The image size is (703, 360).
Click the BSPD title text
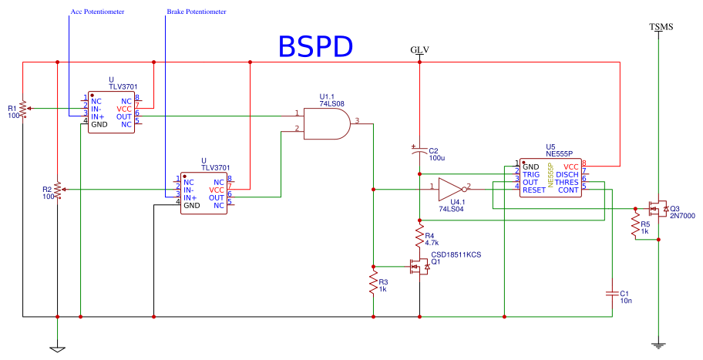coord(315,46)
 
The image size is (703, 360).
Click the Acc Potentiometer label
coord(97,12)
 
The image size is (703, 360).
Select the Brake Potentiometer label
coord(197,12)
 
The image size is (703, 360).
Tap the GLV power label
coord(419,50)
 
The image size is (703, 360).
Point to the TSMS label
coord(661,27)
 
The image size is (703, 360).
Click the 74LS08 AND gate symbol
coord(327,123)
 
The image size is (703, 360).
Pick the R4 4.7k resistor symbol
coord(419,236)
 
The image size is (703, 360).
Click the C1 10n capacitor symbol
coord(612,294)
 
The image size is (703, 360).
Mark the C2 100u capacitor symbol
coord(419,150)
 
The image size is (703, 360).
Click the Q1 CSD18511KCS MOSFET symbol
coord(419,267)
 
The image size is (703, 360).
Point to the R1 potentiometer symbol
coord(23,108)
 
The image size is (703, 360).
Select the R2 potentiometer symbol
coord(57,190)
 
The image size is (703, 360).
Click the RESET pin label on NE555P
coord(534,190)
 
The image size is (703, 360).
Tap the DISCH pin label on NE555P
coord(567,174)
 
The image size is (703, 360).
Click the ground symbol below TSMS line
coord(658,346)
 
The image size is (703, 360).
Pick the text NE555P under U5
coord(559,153)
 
